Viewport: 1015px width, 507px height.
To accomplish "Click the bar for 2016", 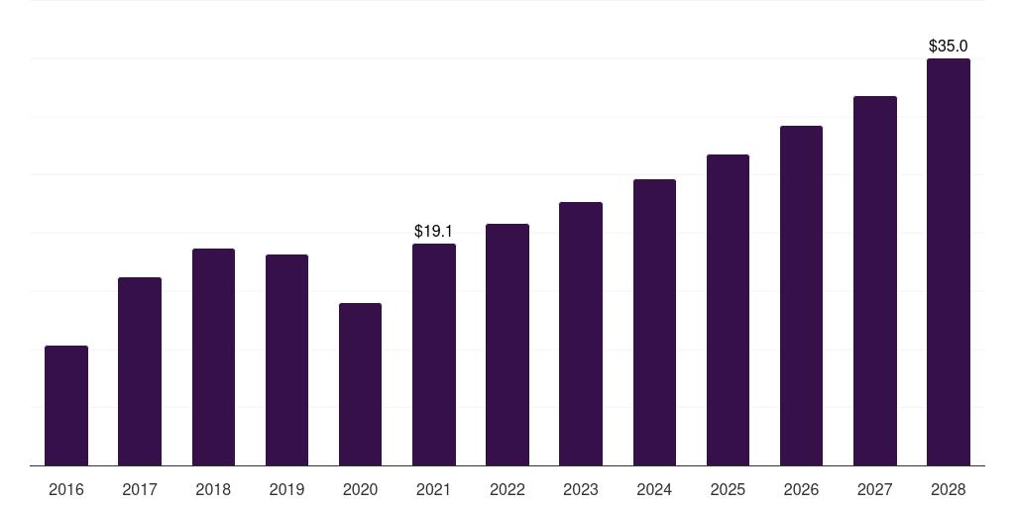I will [66, 405].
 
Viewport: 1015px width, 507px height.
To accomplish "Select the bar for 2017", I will [140, 371].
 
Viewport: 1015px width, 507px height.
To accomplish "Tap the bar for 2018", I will [213, 356].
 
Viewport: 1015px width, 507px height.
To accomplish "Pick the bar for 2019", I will [286, 359].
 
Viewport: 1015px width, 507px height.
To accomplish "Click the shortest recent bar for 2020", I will [360, 384].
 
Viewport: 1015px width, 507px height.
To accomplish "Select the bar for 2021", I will [434, 355].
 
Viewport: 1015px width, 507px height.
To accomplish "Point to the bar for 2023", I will [581, 334].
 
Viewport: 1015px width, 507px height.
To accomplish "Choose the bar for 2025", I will [728, 310].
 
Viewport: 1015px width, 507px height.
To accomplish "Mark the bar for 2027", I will [874, 280].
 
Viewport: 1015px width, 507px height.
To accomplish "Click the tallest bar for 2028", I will [948, 261].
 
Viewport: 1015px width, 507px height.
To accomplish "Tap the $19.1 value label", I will [433, 231].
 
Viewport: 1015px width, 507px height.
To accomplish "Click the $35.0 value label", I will [948, 46].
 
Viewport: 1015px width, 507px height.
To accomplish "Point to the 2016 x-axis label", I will [66, 489].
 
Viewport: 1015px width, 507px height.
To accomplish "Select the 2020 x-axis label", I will [360, 489].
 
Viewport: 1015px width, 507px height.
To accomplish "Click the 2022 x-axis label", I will [507, 489].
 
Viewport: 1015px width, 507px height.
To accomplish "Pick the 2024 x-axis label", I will [654, 489].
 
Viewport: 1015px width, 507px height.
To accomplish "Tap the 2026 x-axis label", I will [801, 489].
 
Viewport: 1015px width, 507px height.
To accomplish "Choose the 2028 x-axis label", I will [948, 489].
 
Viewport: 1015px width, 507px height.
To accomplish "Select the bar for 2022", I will [507, 345].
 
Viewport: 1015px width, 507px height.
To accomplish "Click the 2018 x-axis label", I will [213, 489].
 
